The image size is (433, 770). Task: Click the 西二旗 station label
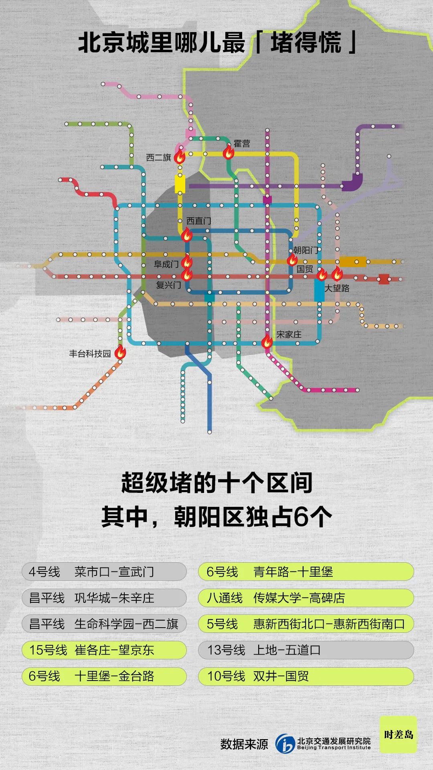pos(158,158)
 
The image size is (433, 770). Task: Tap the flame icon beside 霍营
pos(229,152)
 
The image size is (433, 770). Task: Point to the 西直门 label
pos(198,221)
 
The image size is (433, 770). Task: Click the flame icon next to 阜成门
pos(187,261)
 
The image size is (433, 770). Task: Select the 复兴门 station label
pos(168,285)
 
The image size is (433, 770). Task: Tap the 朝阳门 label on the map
pos(306,250)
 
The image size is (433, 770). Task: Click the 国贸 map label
pos(305,269)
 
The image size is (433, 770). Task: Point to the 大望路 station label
pos(337,288)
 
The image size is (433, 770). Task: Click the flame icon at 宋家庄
pos(267,341)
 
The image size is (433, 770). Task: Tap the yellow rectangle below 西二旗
pos(180,184)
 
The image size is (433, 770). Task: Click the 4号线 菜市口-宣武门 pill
pos(104,571)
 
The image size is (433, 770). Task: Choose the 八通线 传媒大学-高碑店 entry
pos(306,598)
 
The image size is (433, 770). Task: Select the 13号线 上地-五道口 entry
pos(306,650)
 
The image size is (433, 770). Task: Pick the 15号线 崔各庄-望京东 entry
pos(104,650)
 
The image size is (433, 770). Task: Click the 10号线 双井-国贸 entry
pos(306,676)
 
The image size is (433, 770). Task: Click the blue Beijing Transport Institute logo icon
pos(285,744)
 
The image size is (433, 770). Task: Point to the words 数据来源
pos(244,744)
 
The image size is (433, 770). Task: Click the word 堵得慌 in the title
pos(306,43)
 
